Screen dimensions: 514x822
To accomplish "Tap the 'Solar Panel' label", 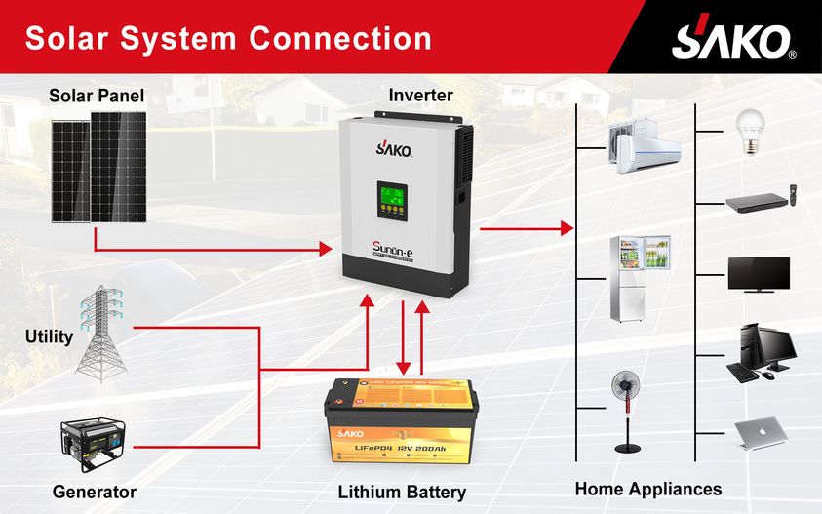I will click(97, 96).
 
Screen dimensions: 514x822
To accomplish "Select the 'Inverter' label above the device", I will click(420, 96).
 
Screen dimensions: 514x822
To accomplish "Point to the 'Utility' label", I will click(49, 336).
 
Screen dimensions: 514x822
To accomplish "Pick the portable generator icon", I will click(91, 445).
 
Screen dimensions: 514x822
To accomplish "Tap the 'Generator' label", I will click(95, 491).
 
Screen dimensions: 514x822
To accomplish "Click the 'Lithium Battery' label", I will click(402, 492).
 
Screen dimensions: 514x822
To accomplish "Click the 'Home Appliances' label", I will click(648, 489).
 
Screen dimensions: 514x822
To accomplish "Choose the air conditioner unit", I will click(645, 145).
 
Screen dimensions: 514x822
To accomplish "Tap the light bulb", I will click(749, 132).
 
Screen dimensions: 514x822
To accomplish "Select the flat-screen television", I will click(759, 273).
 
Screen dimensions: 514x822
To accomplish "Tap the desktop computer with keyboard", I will click(761, 352).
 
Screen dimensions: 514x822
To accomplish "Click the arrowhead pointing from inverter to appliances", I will click(565, 228).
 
